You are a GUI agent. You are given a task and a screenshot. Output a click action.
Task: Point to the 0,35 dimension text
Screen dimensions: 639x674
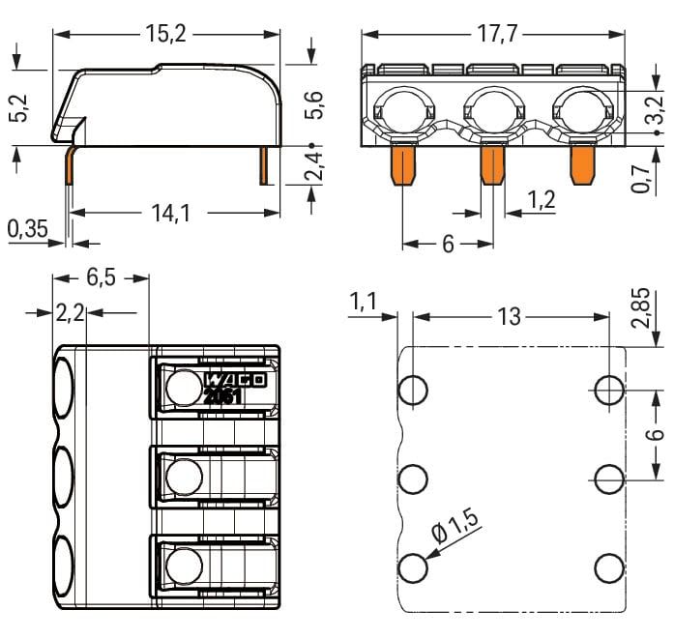point(27,230)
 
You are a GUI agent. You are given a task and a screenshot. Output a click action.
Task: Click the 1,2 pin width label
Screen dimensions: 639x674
point(542,200)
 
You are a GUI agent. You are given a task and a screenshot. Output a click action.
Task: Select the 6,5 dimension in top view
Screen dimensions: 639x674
point(102,277)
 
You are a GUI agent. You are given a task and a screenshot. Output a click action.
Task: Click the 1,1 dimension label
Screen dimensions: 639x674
point(364,304)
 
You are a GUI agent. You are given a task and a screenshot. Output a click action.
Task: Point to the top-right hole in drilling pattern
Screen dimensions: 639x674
point(608,390)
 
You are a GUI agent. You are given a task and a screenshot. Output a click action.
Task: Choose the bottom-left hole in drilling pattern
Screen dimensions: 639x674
point(413,567)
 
